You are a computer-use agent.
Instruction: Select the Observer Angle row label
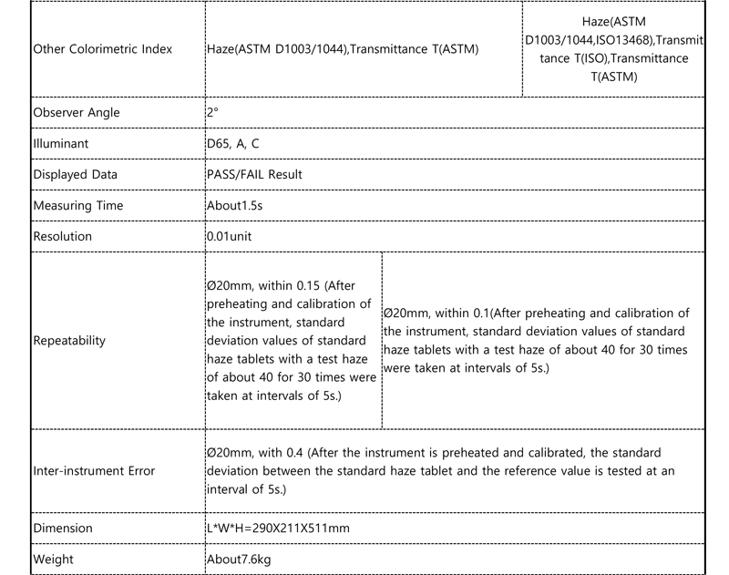click(x=77, y=113)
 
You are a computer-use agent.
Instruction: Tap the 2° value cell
click(x=212, y=113)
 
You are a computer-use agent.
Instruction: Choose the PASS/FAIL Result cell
click(x=254, y=174)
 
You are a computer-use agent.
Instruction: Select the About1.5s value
click(x=235, y=205)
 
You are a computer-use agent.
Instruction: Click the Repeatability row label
click(x=69, y=341)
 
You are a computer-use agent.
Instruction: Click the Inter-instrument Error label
click(x=94, y=471)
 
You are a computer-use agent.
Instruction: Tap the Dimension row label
click(x=63, y=529)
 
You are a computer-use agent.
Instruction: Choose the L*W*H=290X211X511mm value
click(x=279, y=529)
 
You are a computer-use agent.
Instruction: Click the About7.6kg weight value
click(x=239, y=559)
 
